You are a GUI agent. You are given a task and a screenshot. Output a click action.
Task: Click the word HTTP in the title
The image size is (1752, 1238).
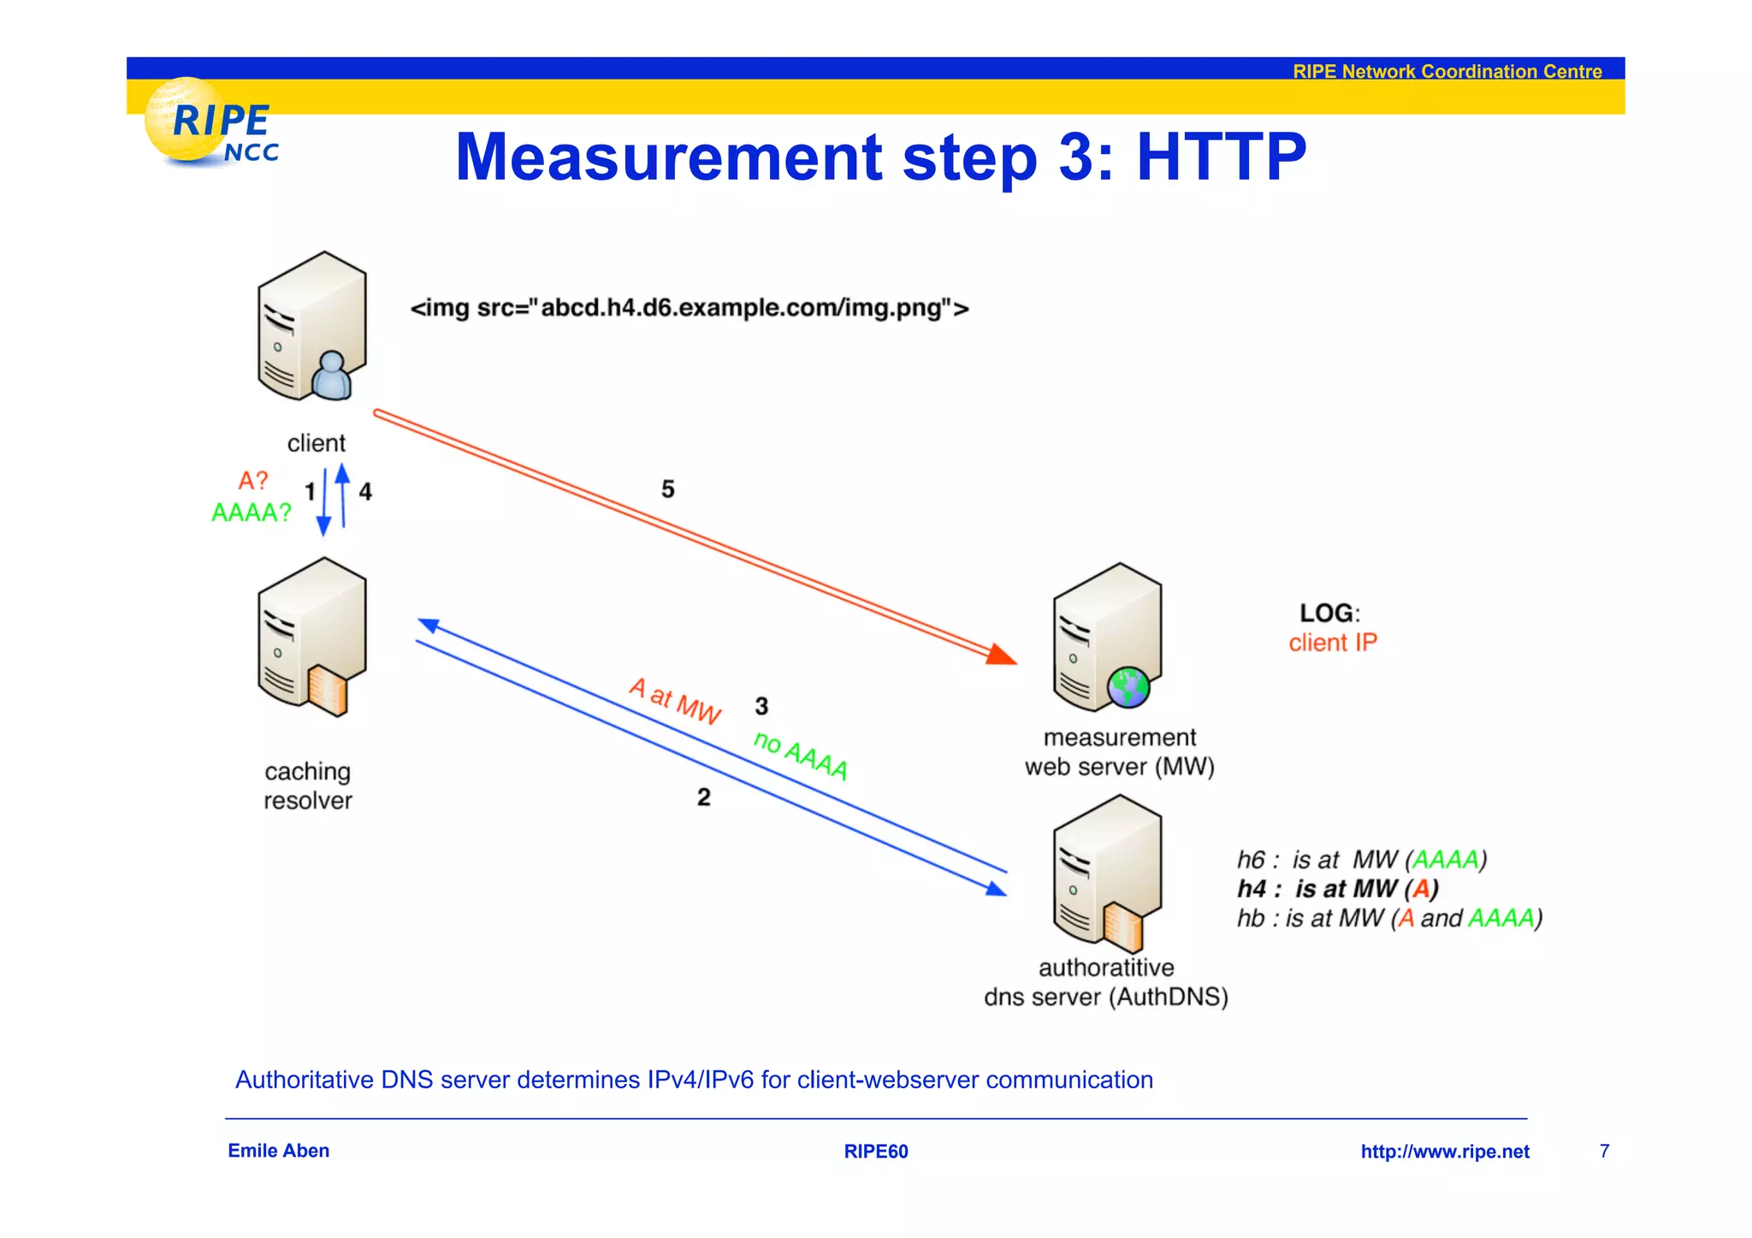click(x=1221, y=157)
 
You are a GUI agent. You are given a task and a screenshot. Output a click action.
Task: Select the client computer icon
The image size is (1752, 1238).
click(x=313, y=326)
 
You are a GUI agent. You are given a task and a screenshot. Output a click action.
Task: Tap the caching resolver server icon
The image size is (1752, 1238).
click(x=313, y=637)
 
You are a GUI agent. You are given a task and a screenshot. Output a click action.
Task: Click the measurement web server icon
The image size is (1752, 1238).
click(x=1109, y=638)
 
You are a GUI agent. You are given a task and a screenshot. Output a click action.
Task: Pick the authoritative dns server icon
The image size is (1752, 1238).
click(x=1109, y=873)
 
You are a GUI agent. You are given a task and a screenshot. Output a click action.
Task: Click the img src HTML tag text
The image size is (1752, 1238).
click(x=690, y=308)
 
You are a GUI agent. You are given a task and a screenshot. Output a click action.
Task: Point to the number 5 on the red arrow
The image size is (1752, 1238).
click(x=668, y=489)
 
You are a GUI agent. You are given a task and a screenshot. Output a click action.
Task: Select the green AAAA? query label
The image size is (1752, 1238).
click(x=251, y=512)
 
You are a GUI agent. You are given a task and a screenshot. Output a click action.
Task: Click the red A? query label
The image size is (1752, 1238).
click(x=253, y=481)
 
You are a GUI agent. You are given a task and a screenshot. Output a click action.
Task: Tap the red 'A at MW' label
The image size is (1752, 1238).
click(x=675, y=701)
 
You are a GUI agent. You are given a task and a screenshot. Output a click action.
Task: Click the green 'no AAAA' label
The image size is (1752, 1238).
click(x=801, y=755)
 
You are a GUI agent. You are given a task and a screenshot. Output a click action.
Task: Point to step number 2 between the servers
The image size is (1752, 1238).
click(x=703, y=797)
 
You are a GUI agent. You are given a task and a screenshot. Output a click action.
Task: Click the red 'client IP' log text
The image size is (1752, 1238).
click(x=1333, y=643)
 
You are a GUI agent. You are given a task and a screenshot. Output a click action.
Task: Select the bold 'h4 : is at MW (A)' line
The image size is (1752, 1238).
click(x=1337, y=889)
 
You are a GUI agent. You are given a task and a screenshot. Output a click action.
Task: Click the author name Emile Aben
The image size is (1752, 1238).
click(x=279, y=1151)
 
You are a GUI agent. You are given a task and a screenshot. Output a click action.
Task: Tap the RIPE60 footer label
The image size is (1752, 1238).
click(x=876, y=1152)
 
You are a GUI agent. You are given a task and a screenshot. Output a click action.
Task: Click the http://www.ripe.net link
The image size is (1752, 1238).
click(x=1444, y=1152)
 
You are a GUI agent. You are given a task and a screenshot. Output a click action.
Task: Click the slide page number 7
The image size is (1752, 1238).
click(x=1604, y=1152)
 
